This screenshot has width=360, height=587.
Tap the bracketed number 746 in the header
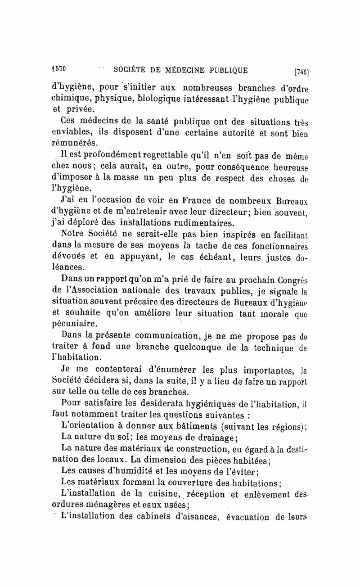coord(300,71)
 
